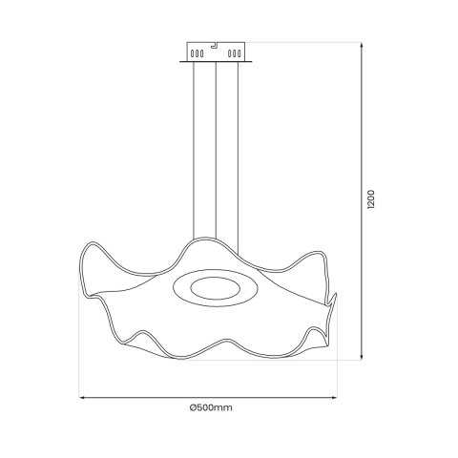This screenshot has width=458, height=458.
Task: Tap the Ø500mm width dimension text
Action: [x=212, y=407]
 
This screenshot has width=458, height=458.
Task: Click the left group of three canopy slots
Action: [x=198, y=54]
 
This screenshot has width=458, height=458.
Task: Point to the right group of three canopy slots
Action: [x=233, y=54]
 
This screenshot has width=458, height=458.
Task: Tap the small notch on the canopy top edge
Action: [x=217, y=44]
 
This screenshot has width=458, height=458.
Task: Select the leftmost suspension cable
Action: [x=194, y=153]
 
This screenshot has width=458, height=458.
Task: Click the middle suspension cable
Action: [x=216, y=153]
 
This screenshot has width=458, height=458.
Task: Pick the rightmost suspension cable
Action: [x=237, y=153]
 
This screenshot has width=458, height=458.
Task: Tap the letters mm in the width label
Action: [x=226, y=407]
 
